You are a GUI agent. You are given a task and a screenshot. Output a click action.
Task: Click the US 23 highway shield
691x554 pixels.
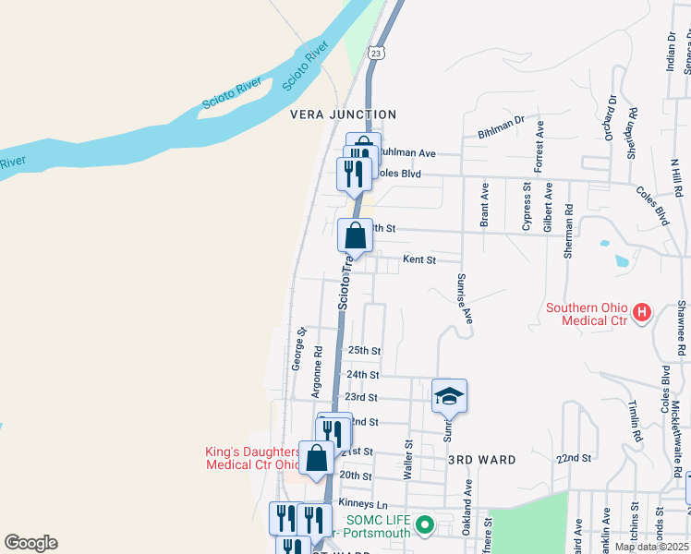(x=376, y=54)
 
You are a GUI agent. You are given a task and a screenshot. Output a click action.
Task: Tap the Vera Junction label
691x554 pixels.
(x=343, y=114)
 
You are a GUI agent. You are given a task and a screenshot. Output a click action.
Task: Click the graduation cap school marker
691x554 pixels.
(x=449, y=396)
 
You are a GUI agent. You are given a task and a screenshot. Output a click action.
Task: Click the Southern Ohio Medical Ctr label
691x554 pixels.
(x=587, y=314)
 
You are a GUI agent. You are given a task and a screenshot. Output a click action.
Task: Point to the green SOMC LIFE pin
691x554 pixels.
(x=424, y=526)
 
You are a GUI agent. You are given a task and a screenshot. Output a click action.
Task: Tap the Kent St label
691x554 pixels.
(x=418, y=260)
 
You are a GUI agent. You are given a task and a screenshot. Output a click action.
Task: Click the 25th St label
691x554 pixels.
(x=364, y=351)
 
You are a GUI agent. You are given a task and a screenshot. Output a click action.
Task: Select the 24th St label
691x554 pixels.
(x=362, y=375)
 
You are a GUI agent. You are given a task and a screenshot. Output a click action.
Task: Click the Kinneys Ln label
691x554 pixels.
(x=363, y=503)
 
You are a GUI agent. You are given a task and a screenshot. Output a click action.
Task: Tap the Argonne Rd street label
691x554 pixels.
(x=317, y=370)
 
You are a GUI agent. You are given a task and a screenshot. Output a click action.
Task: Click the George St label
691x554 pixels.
(x=297, y=348)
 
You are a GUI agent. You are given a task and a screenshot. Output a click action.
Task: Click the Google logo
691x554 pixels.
(x=30, y=543)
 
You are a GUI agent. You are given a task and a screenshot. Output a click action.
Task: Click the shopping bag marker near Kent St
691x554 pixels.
(x=355, y=236)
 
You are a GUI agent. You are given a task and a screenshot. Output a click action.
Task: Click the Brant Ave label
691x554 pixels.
(x=483, y=204)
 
